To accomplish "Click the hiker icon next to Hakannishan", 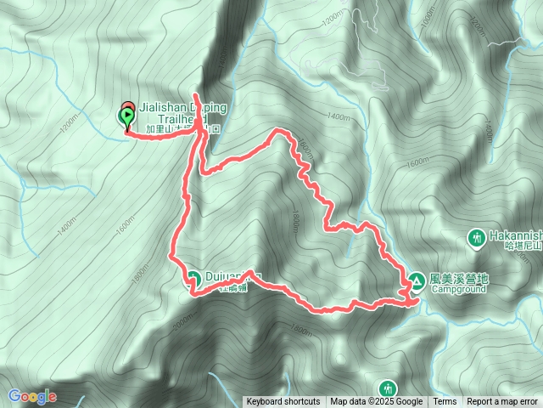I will (x=478, y=235).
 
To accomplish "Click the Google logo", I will (x=32, y=396).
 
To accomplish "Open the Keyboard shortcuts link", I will (x=283, y=402).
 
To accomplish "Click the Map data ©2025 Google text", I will (x=377, y=402).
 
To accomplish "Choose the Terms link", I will (x=445, y=402).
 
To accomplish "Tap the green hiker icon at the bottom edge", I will (x=389, y=387).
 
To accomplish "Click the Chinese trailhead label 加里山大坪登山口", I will (x=183, y=130).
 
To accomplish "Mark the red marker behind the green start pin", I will (x=129, y=108).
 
